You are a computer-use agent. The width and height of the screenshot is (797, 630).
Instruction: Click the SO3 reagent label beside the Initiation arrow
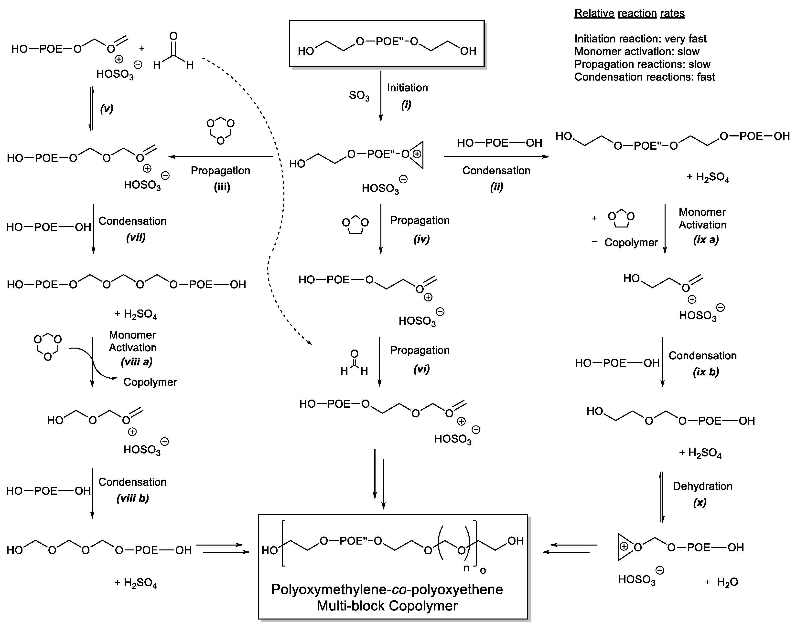click(359, 96)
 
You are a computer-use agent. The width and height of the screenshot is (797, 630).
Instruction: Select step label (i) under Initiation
click(406, 105)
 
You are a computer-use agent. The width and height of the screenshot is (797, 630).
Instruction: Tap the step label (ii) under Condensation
click(496, 187)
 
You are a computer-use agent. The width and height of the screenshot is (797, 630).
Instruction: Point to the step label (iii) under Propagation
click(222, 187)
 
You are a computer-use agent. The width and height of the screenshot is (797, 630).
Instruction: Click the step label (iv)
click(421, 239)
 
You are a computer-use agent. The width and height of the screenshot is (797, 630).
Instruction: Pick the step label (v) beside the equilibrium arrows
click(107, 109)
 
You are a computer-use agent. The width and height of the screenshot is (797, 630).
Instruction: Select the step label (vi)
click(421, 369)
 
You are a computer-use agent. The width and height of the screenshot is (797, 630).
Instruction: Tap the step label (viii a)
click(137, 362)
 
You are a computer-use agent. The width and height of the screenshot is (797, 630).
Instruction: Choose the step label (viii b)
click(132, 499)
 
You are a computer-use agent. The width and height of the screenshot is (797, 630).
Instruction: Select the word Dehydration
click(702, 486)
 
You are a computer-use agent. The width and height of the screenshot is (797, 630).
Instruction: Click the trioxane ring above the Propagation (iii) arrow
click(220, 131)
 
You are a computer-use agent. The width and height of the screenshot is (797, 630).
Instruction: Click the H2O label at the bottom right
click(727, 582)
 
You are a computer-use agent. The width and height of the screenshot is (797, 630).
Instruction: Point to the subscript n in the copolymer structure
click(466, 568)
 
